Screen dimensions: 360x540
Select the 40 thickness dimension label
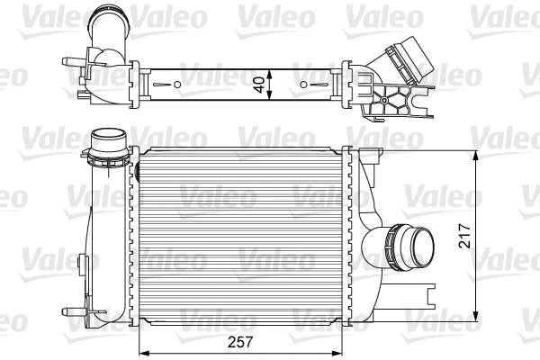pyautogui.click(x=260, y=85)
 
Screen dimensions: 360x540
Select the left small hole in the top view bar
pyautogui.click(x=177, y=85)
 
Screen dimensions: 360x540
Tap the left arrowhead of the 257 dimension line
pyautogui.click(x=141, y=351)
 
